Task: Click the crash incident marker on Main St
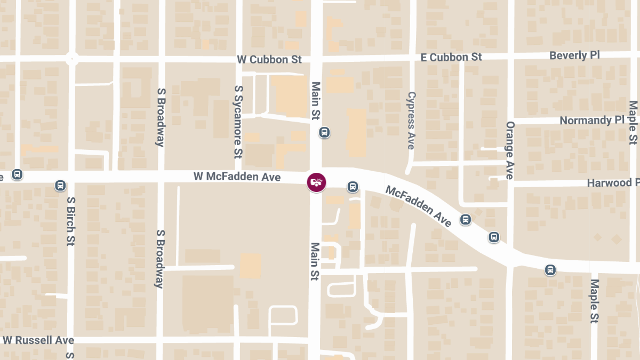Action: (316, 182)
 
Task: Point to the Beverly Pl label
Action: (574, 55)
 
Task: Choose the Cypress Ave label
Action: (411, 121)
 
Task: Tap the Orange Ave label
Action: (509, 150)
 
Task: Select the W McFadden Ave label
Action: (237, 177)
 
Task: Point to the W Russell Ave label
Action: (38, 340)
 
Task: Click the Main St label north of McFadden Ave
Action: (316, 100)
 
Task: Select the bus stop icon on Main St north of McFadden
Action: (324, 132)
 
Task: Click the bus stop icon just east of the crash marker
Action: (353, 187)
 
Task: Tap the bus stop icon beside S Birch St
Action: (60, 186)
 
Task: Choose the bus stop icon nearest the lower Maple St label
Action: (550, 270)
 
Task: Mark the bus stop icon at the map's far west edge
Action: (17, 174)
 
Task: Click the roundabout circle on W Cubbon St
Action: (72, 59)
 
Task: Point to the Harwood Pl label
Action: (612, 183)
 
